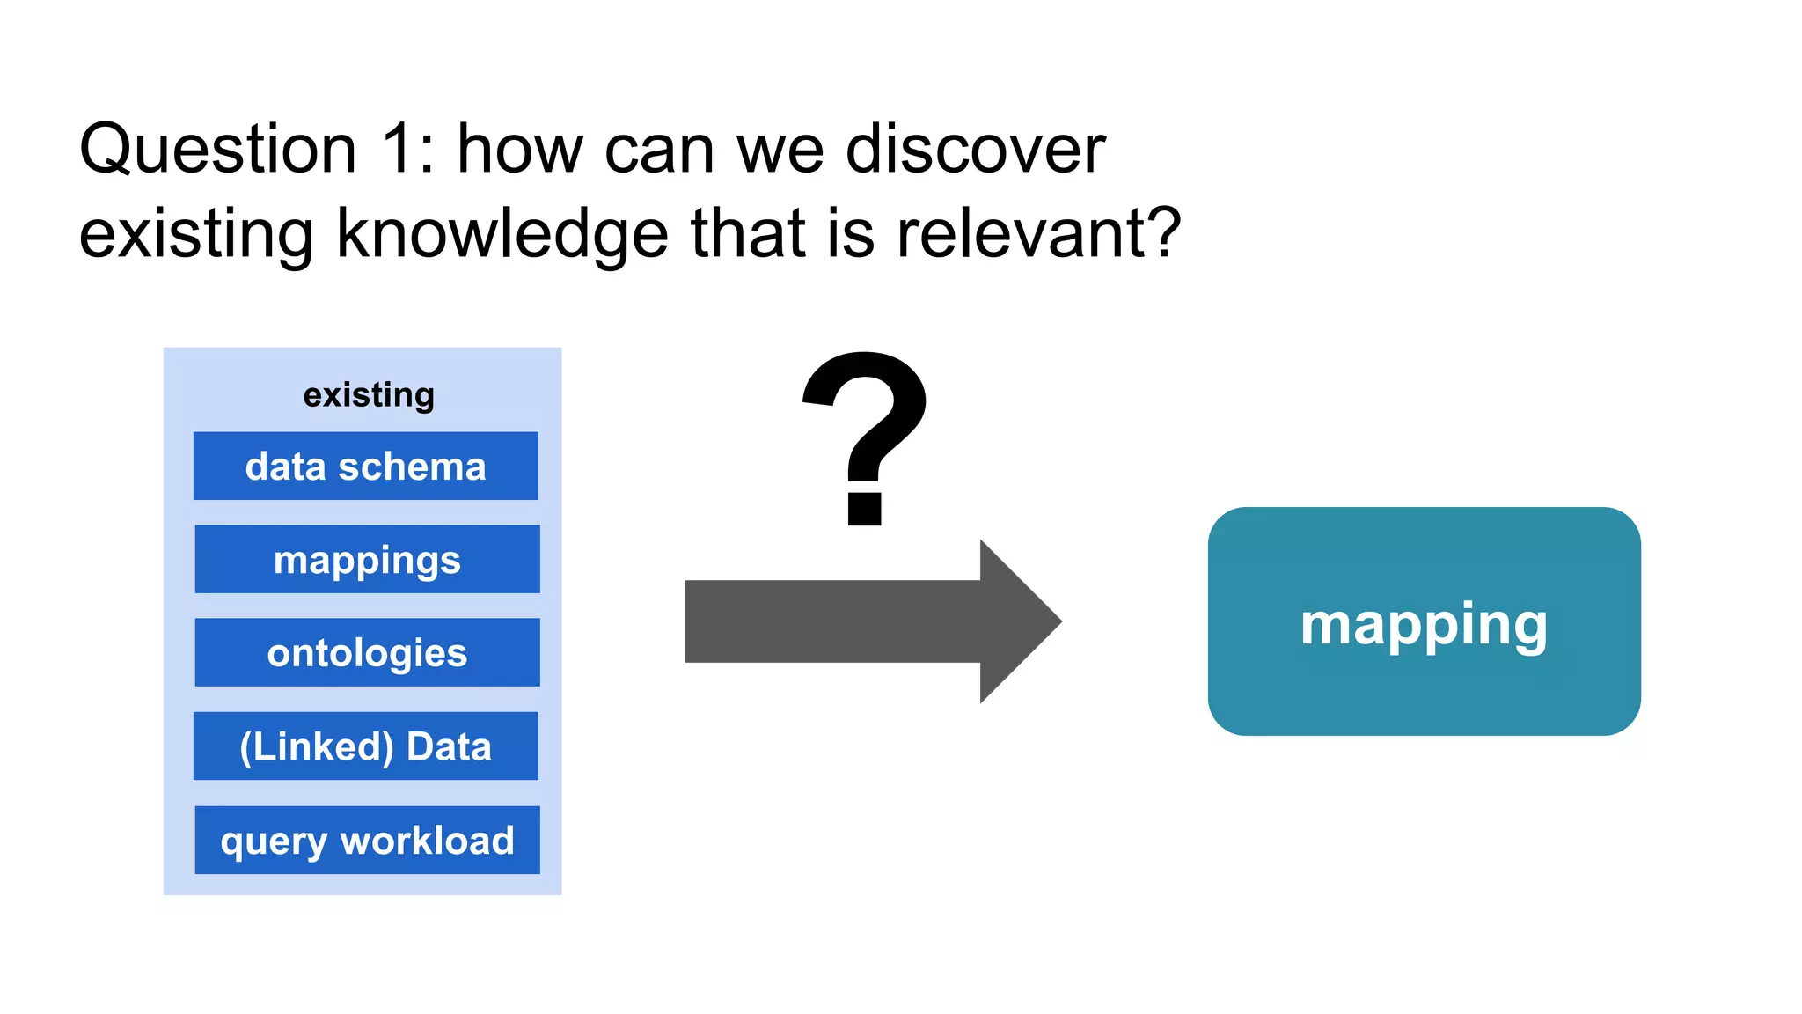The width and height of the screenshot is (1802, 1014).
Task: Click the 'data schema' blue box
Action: [365, 466]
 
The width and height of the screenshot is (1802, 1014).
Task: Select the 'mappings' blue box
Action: [367, 559]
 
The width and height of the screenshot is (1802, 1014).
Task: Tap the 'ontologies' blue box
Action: [367, 652]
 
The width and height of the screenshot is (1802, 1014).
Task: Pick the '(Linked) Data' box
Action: [365, 746]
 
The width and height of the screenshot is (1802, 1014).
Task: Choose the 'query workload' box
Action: [367, 840]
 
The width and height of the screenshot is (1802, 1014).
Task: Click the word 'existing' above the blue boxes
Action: [369, 395]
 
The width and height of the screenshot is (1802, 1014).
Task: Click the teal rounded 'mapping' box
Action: [1424, 621]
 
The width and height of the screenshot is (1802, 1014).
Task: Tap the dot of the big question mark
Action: [864, 510]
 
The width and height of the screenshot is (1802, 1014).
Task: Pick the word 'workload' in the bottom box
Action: [428, 840]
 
